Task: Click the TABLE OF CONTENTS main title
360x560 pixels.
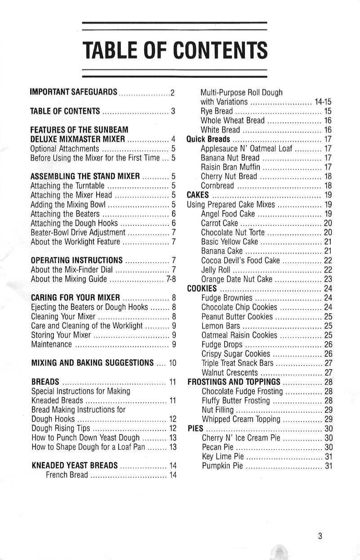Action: coord(175,50)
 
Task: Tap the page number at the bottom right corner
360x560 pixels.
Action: coord(320,536)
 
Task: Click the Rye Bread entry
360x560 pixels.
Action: coord(217,111)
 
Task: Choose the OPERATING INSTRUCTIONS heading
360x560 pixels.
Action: coord(77,260)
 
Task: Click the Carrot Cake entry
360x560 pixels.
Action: coord(220,223)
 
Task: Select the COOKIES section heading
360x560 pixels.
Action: coord(202,288)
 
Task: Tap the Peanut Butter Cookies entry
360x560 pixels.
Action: coord(237,317)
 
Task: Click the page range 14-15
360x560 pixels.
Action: coord(323,102)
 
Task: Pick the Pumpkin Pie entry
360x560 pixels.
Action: coord(222,466)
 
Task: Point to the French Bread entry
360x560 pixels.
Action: coord(67,475)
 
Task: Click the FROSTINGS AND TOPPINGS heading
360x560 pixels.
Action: coord(234,382)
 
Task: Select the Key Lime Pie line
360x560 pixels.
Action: coord(223,457)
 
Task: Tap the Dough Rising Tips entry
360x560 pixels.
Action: coord(61,428)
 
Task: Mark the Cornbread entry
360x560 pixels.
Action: coord(218,186)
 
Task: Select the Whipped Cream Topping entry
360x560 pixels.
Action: coord(241,419)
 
